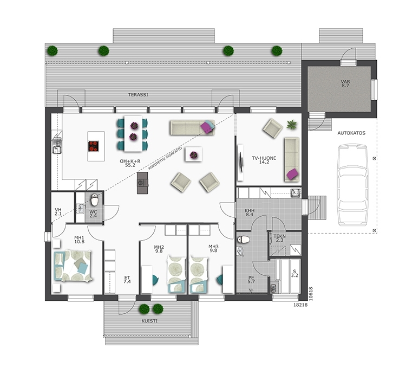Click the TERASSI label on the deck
(138, 95)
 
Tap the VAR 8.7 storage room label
(345, 83)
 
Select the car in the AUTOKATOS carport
(352, 185)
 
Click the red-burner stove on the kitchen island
(94, 146)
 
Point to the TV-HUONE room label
(264, 158)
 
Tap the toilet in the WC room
(95, 199)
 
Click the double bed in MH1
(73, 266)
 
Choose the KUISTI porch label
(149, 321)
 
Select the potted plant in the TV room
(292, 125)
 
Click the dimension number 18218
(300, 305)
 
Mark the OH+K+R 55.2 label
(130, 163)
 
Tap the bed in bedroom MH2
(176, 274)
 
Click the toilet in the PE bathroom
(243, 239)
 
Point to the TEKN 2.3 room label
(279, 238)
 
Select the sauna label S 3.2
(294, 273)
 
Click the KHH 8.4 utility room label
(250, 212)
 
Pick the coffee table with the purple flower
(193, 154)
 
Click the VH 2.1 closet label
(58, 212)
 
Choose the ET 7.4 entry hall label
(127, 280)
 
